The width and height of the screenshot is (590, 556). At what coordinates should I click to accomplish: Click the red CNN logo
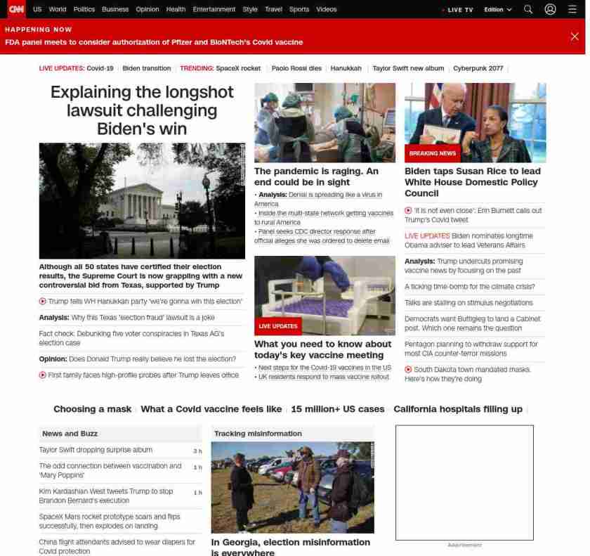(16, 9)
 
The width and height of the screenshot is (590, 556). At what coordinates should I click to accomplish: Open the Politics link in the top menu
(84, 9)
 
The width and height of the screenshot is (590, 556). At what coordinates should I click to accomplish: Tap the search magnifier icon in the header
(528, 9)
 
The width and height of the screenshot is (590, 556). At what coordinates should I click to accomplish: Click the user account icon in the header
(550, 9)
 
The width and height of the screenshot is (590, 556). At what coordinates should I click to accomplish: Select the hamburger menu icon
(572, 9)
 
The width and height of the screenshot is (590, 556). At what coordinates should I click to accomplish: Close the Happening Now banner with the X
(575, 37)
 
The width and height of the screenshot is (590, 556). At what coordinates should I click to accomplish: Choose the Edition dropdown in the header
(498, 10)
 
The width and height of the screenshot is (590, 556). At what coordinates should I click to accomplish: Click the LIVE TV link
(458, 10)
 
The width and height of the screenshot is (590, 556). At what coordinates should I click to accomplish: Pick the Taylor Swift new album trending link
(408, 68)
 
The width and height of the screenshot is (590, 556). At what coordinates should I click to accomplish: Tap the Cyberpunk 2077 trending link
(478, 68)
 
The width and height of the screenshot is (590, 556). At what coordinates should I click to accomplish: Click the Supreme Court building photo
(142, 200)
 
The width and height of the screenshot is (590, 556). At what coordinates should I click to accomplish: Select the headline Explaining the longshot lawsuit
(142, 110)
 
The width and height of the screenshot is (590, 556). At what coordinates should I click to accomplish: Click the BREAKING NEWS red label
(432, 153)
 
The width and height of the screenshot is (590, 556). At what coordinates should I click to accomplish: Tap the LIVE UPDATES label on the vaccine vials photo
(278, 326)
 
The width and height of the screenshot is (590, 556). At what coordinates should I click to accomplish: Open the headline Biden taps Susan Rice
(473, 182)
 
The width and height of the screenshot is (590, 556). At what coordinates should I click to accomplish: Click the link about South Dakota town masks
(471, 374)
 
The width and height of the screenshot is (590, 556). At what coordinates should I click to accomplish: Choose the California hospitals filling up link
(458, 409)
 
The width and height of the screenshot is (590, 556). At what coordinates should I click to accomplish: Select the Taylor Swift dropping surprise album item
(96, 450)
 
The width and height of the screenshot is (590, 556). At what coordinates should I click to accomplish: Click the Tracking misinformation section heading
(258, 434)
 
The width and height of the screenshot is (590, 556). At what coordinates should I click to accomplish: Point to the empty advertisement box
(464, 482)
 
